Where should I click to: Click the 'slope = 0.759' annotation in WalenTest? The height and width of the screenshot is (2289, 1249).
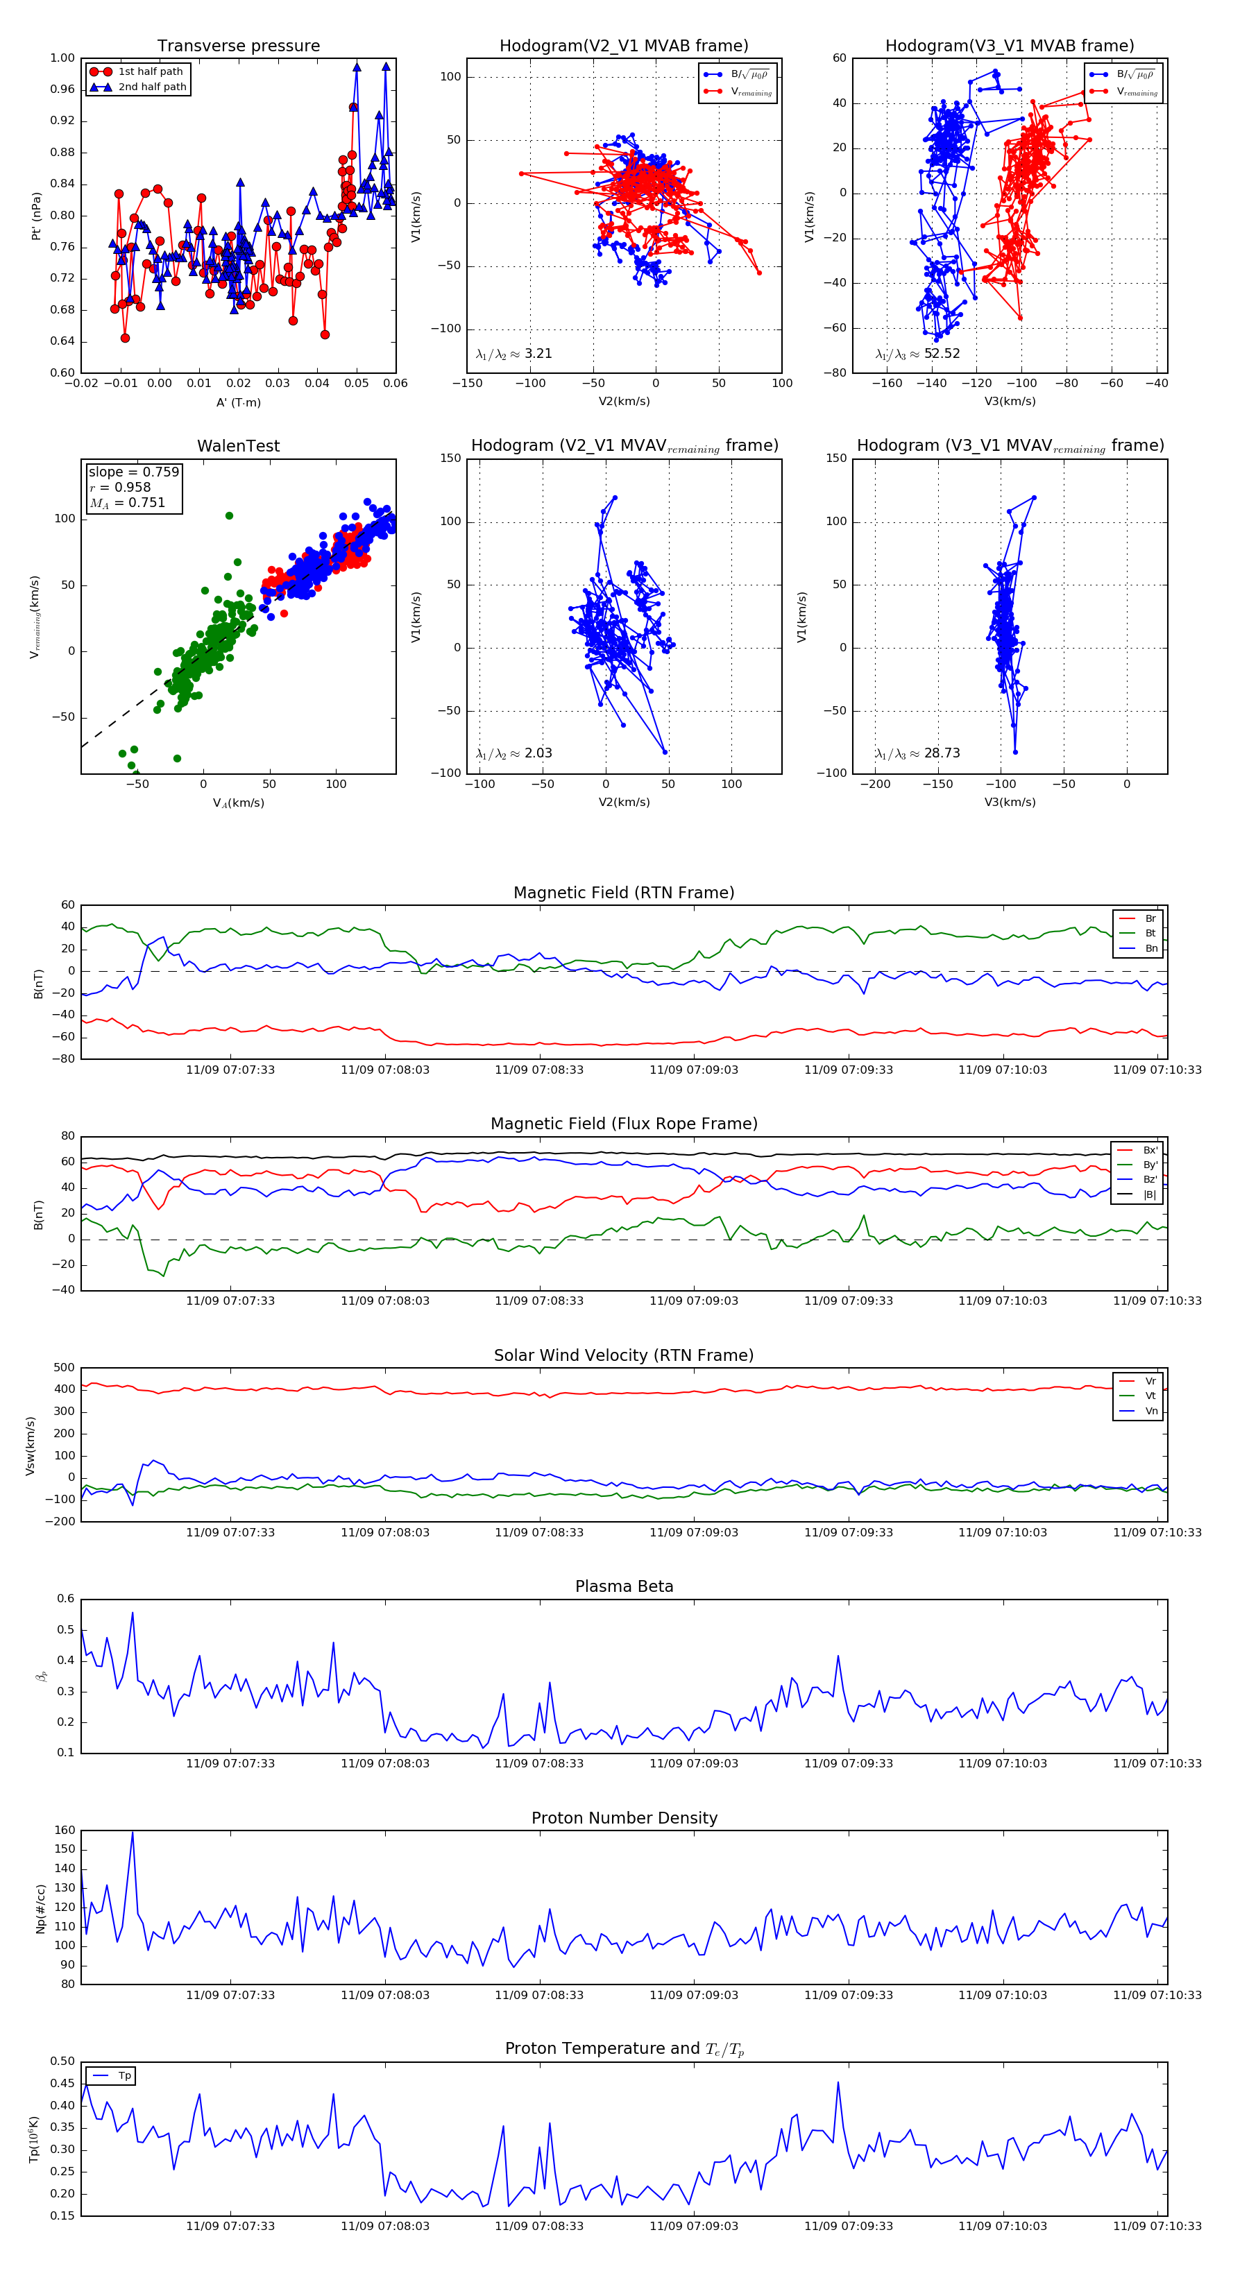click(133, 472)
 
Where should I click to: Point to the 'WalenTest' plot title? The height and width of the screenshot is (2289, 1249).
click(238, 446)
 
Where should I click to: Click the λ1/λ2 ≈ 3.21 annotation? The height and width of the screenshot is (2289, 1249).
click(513, 354)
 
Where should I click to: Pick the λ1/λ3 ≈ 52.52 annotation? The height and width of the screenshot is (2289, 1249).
click(917, 354)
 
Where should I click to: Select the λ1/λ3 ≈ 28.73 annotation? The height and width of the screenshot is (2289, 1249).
click(917, 753)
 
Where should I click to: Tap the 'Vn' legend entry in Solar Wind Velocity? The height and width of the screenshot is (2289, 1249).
click(1150, 1411)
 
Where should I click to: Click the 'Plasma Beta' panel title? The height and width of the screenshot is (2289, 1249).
click(624, 1587)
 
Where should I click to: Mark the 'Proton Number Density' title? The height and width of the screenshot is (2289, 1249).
click(624, 1818)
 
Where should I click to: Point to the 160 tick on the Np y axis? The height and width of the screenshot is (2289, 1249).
click(65, 1831)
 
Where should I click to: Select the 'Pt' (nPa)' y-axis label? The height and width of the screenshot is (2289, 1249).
click(37, 216)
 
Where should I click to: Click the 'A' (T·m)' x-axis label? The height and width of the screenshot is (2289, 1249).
click(238, 402)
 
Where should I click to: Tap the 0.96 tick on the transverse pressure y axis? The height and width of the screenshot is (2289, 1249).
click(62, 89)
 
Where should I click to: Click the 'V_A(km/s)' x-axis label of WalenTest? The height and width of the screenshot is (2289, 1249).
click(238, 803)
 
